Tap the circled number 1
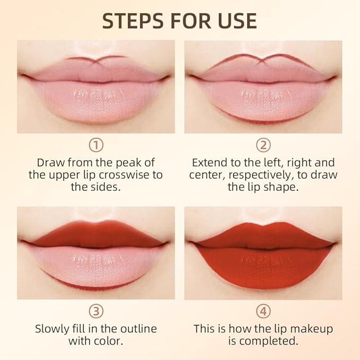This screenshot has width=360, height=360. coord(96,145)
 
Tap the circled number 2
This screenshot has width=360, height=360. coord(264,145)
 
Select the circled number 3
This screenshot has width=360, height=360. coord(96,311)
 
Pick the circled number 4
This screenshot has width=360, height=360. coord(264,311)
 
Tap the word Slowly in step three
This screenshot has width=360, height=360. coord(52,328)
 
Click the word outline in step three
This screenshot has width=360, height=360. coord(133,328)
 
